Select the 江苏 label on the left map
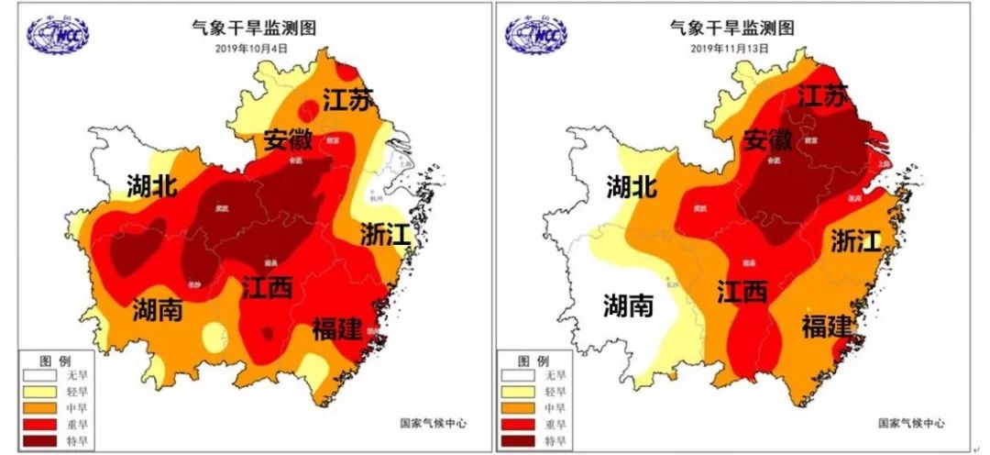(348, 99)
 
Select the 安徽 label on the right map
(767, 140)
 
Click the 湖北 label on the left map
(152, 187)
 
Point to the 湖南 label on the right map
(629, 305)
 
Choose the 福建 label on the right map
(827, 326)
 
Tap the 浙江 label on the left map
(384, 234)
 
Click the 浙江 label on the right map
(856, 240)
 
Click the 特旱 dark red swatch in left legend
(41, 441)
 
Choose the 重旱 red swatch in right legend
(519, 425)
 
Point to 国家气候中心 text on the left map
(434, 423)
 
